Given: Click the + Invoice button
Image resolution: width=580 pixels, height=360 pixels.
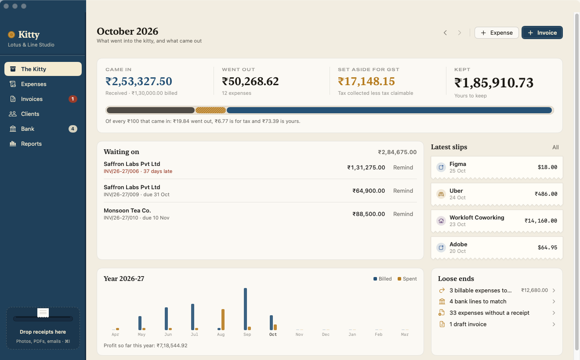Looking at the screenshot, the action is (x=542, y=32).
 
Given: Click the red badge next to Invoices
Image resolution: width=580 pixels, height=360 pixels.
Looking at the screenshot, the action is (x=73, y=99).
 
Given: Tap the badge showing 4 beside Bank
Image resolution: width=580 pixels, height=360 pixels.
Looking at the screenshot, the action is (x=73, y=129).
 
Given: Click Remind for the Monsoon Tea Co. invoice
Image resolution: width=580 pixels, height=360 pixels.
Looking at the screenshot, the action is (x=403, y=214).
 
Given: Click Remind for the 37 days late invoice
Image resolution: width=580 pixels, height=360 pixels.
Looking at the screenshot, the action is (x=403, y=167).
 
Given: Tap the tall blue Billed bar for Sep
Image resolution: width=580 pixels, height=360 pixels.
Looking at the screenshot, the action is (x=245, y=309).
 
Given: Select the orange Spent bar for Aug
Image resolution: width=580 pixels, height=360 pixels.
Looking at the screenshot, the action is (x=223, y=320).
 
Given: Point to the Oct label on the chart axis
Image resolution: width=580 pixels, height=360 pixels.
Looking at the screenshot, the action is (x=273, y=335).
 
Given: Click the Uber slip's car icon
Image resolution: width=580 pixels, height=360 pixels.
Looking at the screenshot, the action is (x=441, y=194).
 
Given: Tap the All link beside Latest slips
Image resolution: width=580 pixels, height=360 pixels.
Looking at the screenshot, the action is (x=555, y=147).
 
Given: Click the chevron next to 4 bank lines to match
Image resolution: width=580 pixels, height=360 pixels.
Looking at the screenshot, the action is (x=554, y=301).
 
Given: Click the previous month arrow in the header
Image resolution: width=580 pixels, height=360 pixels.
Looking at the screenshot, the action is (x=445, y=33).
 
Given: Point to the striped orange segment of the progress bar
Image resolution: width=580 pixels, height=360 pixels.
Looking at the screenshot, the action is (x=210, y=110).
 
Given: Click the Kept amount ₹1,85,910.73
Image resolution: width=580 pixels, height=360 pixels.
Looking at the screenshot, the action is (x=494, y=83).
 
